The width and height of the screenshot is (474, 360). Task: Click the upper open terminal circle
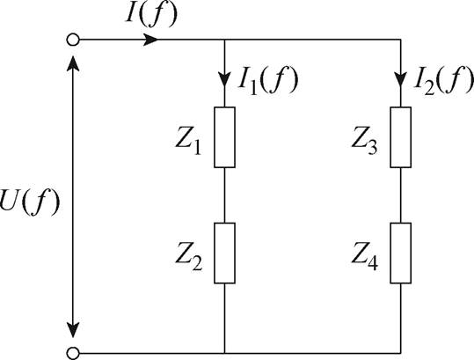72,40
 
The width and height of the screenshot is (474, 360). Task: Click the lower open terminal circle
72,352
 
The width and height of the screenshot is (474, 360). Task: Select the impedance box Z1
226,137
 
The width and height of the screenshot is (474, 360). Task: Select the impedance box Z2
226,253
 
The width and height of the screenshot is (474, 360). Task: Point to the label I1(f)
268,80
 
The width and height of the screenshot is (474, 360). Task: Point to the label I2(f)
442,80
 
